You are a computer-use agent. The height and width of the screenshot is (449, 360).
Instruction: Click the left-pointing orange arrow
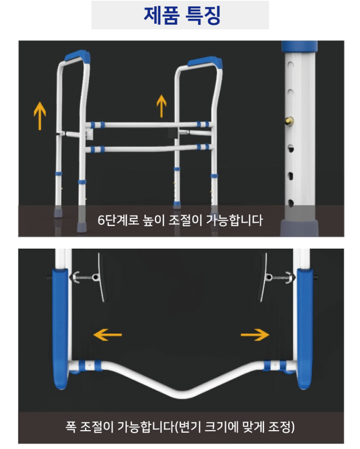coord(108,335)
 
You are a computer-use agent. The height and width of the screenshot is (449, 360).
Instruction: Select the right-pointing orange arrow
coord(255,335)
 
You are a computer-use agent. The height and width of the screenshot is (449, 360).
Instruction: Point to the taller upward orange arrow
coord(40,115)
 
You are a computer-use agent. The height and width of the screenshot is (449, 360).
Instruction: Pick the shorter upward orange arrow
coord(162,106)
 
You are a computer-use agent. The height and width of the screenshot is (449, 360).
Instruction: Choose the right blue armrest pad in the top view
coord(306,329)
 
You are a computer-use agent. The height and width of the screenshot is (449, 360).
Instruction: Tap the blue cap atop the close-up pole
coord(299,46)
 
